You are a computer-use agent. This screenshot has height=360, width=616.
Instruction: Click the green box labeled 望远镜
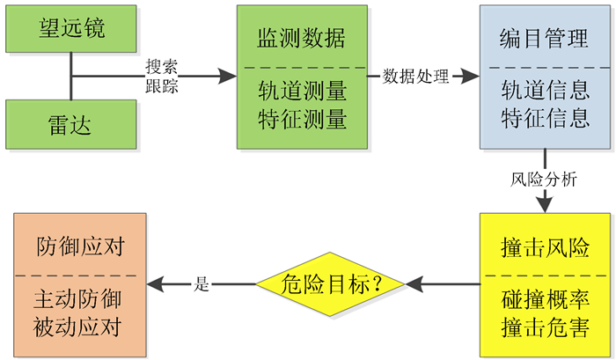click(x=71, y=28)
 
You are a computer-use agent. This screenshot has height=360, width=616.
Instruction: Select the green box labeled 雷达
click(x=71, y=125)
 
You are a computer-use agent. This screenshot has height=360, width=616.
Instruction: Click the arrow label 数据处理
click(x=416, y=77)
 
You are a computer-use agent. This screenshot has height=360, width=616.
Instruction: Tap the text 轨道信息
click(x=545, y=92)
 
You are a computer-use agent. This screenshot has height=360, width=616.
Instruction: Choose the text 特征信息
click(x=545, y=117)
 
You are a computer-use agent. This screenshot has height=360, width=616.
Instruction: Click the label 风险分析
click(x=545, y=180)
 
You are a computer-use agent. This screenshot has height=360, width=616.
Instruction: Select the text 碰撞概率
click(x=545, y=298)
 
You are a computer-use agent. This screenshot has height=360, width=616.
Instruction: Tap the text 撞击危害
click(x=545, y=327)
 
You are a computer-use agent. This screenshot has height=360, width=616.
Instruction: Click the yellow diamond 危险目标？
click(x=330, y=284)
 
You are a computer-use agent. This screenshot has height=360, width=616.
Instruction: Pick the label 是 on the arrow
click(x=201, y=284)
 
